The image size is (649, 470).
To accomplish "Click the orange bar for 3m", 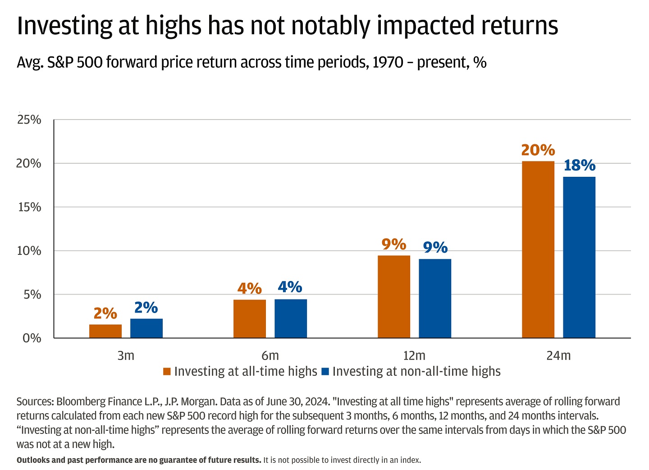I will click(x=105, y=331).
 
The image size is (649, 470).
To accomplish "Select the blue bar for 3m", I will click(x=146, y=328).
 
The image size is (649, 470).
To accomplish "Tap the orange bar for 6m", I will click(x=250, y=318).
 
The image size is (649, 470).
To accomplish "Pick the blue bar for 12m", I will click(x=435, y=298).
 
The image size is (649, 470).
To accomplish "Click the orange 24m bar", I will click(x=538, y=249).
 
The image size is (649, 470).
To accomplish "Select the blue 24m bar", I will click(x=579, y=257).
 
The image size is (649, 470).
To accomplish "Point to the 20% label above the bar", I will click(x=538, y=150).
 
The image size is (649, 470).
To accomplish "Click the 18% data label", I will click(x=580, y=166).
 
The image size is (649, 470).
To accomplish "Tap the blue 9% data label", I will click(x=435, y=248).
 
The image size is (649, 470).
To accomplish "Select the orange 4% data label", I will click(x=250, y=288).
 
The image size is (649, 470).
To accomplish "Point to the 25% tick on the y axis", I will click(x=29, y=120).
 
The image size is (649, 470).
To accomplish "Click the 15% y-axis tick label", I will click(x=29, y=207).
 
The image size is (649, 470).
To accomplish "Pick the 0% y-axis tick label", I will click(x=32, y=338).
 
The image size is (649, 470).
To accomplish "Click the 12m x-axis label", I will click(x=414, y=355).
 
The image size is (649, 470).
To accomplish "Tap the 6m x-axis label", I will click(x=270, y=355).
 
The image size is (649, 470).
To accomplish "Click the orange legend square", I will click(x=167, y=372).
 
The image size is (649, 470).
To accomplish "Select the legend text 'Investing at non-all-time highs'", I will click(x=416, y=371).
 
